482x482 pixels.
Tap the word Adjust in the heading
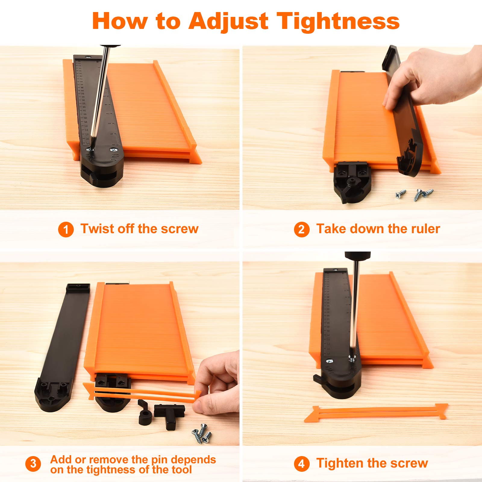228,22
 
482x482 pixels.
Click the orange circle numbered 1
66,230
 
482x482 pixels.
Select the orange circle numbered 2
302,230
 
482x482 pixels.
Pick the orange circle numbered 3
33,464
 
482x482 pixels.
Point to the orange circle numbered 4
302,464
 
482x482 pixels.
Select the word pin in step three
159,460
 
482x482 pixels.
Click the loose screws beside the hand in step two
415,194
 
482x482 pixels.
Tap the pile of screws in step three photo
202,433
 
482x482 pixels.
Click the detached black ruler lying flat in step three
62,346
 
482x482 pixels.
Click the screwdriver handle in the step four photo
358,255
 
